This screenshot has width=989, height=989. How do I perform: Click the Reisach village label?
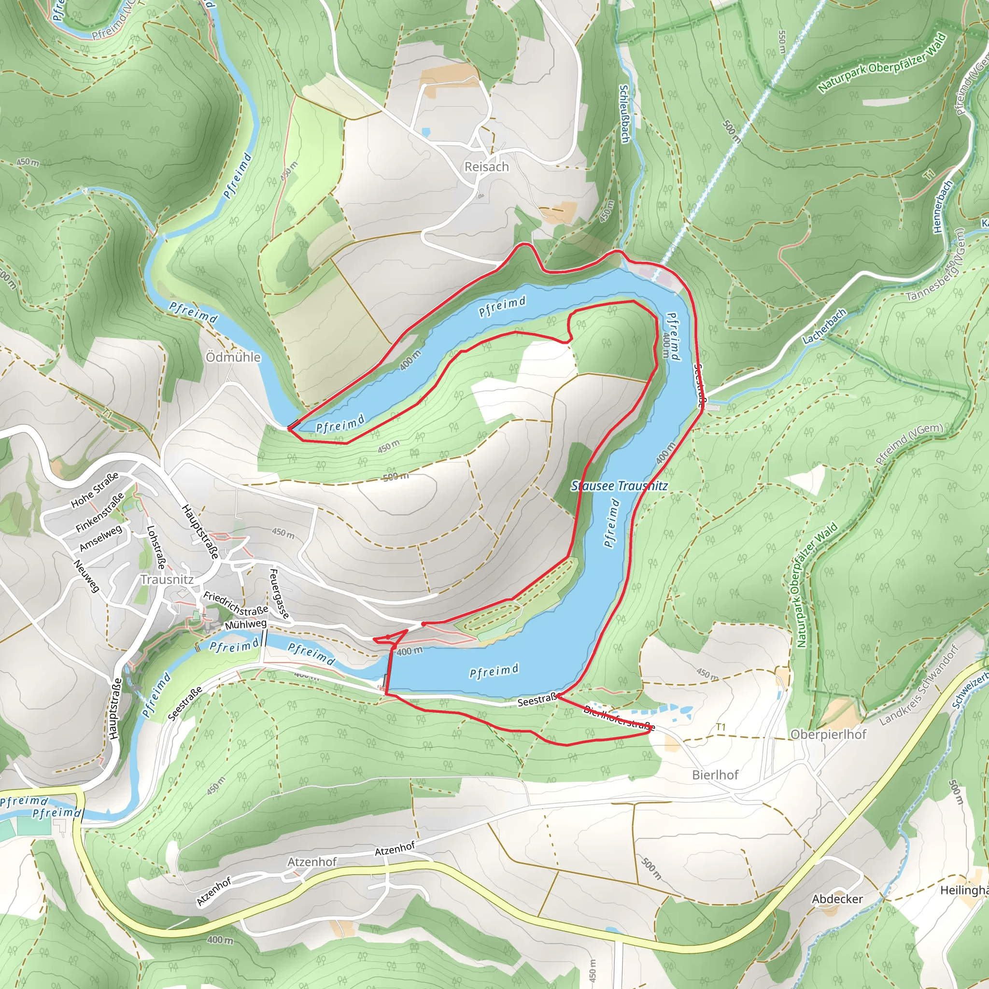(x=486, y=167)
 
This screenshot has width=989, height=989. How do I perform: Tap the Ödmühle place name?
(x=233, y=357)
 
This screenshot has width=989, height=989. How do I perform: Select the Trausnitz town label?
(x=167, y=579)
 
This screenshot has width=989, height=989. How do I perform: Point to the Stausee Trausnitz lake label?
(x=619, y=486)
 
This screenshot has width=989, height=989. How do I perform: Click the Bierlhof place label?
(x=715, y=775)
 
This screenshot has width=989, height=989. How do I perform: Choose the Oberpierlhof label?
(x=828, y=734)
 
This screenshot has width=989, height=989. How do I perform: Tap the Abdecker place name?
(x=837, y=899)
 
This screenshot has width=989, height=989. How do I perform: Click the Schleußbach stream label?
(x=624, y=113)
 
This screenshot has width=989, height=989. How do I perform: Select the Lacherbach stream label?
(x=824, y=326)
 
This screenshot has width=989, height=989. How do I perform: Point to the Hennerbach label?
(x=943, y=206)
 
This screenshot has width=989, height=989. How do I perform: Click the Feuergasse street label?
(x=280, y=593)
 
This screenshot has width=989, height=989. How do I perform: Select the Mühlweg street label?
(x=246, y=624)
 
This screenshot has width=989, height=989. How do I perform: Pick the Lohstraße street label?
(x=156, y=547)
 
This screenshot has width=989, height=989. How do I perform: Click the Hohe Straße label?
(x=95, y=490)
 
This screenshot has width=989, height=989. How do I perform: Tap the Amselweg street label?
(x=101, y=538)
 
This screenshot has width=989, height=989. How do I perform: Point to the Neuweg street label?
(x=86, y=576)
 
